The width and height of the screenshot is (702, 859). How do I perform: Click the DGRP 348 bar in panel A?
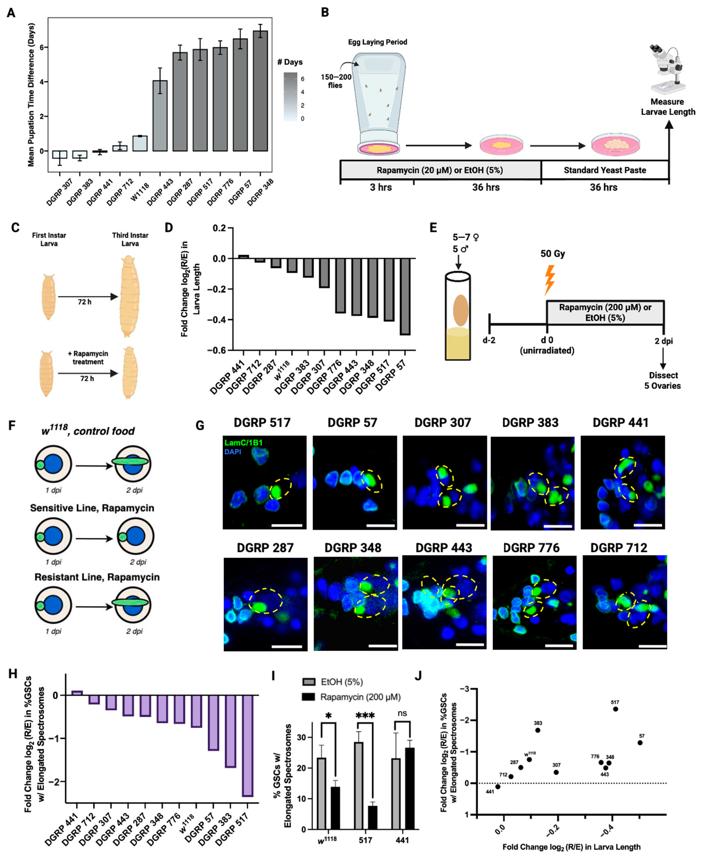click(260, 91)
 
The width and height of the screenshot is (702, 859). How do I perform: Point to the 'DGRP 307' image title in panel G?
click(443, 423)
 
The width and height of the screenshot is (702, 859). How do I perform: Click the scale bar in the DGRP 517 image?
click(287, 525)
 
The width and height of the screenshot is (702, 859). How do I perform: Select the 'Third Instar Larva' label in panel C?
click(130, 239)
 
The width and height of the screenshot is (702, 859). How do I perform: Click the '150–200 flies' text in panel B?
click(336, 81)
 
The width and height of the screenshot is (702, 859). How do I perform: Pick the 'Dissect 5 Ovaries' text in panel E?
click(662, 380)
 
